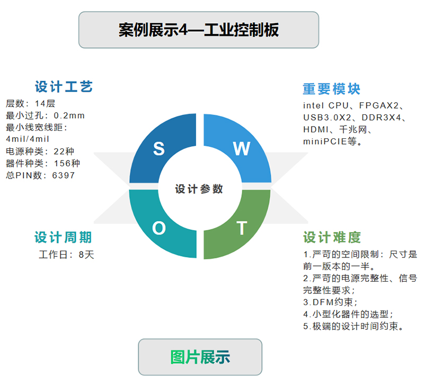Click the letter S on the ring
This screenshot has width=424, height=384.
(x=158, y=148)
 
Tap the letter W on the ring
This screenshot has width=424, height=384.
(x=242, y=148)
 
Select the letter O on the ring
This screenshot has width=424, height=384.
(x=158, y=228)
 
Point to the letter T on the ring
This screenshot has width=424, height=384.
(x=242, y=228)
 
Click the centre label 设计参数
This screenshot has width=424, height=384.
(x=199, y=189)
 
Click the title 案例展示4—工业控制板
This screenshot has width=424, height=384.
(x=199, y=30)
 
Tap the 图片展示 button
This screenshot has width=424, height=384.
(x=200, y=357)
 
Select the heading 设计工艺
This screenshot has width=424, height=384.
(x=64, y=87)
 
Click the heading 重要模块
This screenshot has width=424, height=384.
(x=332, y=89)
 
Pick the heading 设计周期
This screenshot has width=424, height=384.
(x=63, y=237)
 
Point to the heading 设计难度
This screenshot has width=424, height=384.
(x=332, y=237)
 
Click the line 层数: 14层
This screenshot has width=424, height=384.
(x=30, y=103)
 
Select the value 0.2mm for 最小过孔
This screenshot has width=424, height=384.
(x=69, y=115)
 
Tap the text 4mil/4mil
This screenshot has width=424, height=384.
(x=28, y=139)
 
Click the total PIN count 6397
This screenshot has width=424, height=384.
(x=63, y=175)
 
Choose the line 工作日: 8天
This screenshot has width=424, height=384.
(x=67, y=255)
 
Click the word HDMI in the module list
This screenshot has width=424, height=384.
(x=316, y=130)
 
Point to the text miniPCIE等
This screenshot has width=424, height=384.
(x=330, y=141)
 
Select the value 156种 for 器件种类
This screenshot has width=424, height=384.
(x=67, y=163)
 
